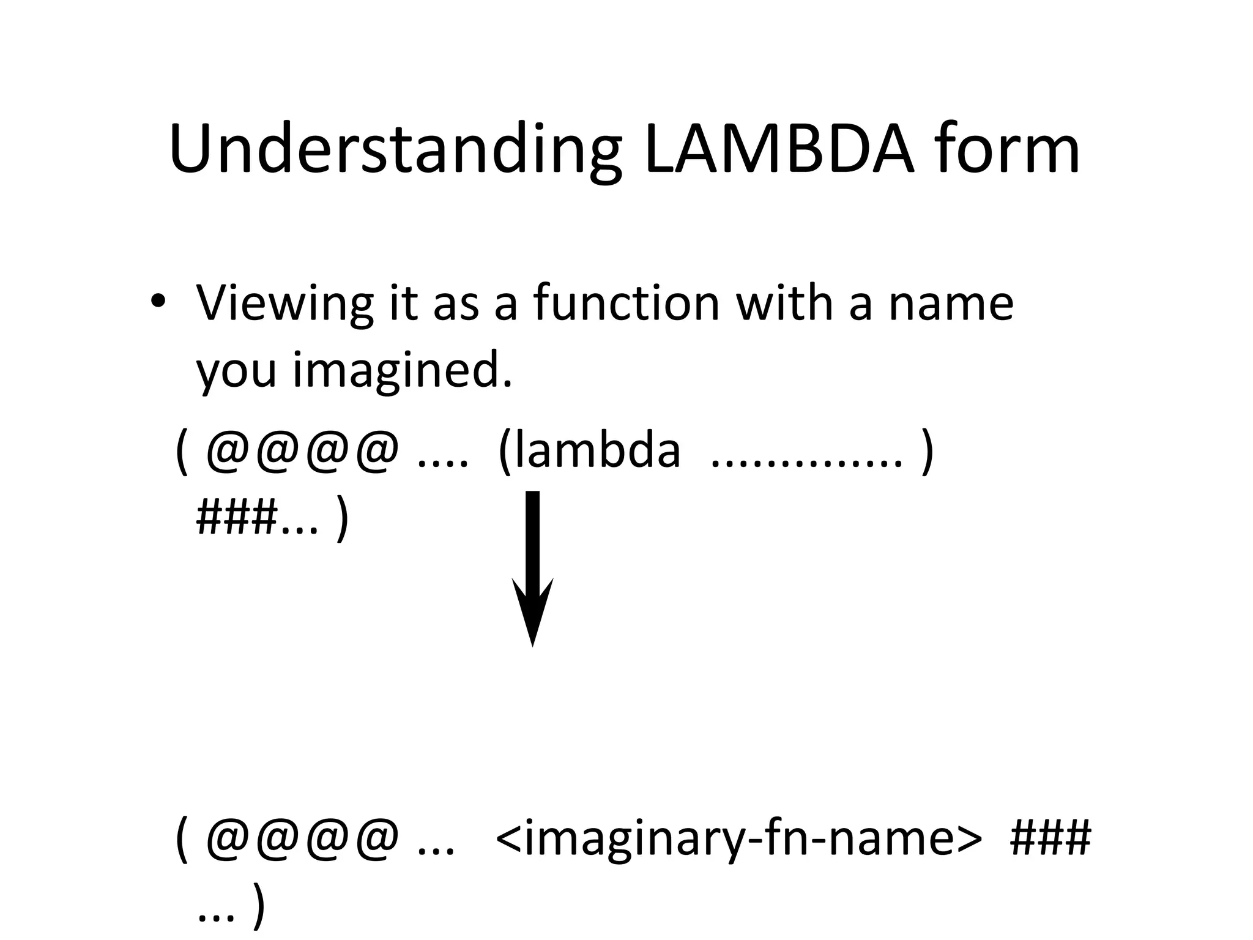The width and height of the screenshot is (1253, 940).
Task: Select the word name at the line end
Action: tap(951, 304)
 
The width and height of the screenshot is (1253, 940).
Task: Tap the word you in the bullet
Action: tap(236, 371)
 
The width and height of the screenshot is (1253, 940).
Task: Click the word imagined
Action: tap(402, 371)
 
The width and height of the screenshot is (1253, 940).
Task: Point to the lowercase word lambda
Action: tap(590, 451)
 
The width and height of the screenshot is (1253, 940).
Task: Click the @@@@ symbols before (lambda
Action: tap(303, 452)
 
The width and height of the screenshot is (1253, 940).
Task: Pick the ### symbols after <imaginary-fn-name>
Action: tap(1050, 837)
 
